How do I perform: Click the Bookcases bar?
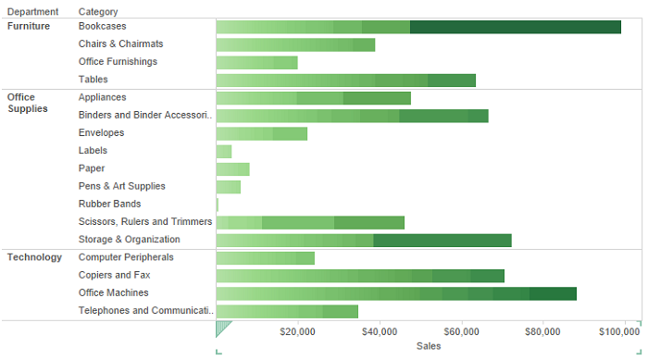click(x=417, y=27)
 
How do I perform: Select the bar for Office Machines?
click(x=395, y=293)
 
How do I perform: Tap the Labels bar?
click(x=224, y=151)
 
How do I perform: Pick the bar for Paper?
click(x=232, y=168)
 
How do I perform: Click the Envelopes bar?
click(x=261, y=133)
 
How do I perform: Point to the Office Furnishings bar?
click(x=256, y=62)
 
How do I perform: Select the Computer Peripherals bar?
click(x=265, y=258)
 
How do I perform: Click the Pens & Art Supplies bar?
click(x=228, y=187)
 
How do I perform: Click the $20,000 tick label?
click(x=296, y=330)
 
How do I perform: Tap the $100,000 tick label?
click(x=619, y=330)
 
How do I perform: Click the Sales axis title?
click(x=429, y=346)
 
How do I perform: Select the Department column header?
click(x=32, y=11)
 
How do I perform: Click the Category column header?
click(x=98, y=11)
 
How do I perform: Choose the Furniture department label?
click(x=30, y=26)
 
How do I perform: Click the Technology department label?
click(x=35, y=257)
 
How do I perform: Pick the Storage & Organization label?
click(x=130, y=240)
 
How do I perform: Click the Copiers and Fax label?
click(x=114, y=275)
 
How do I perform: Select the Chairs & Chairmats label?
click(x=121, y=43)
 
